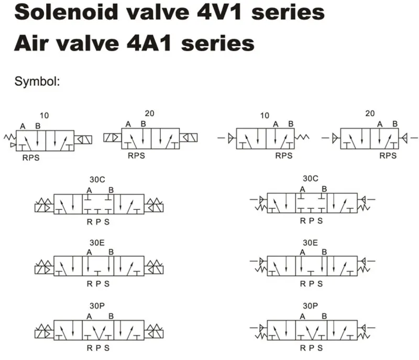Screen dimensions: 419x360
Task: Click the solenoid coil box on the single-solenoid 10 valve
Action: click(x=84, y=140)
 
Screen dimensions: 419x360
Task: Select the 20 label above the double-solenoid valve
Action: click(x=149, y=113)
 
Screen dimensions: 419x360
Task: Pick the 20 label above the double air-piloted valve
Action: click(x=370, y=113)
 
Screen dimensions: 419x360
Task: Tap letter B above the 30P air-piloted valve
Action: click(x=324, y=316)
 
